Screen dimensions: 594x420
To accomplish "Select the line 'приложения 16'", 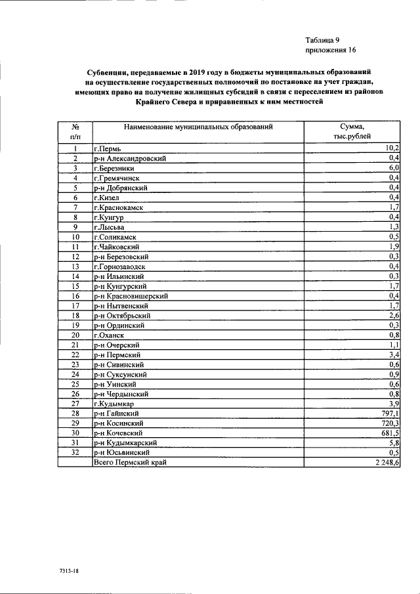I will coord(330,50).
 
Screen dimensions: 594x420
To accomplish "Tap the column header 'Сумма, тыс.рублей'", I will coord(352,131).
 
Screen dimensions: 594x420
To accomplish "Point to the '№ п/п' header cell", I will coord(75,131).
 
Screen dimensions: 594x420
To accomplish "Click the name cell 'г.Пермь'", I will coord(108,149).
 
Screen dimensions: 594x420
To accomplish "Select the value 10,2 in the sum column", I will coord(393,149).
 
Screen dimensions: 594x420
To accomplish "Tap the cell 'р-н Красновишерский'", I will coord(131,296).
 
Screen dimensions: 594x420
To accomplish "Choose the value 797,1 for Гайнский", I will coord(390,414).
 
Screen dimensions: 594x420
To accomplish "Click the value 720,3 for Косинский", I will coord(390,424).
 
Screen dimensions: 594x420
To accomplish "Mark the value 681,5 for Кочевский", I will coord(390,434).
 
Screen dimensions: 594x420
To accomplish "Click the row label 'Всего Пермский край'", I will coord(130,463).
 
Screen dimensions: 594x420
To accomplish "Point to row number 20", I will coord(75,335).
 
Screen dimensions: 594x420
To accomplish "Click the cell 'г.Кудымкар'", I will coord(114,404).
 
